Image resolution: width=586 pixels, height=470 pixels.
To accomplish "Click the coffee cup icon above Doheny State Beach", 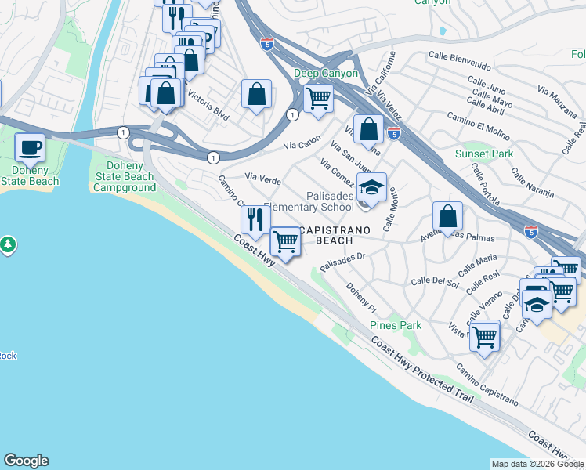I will tap(31, 146).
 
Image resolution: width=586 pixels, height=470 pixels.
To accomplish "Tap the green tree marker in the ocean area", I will tap(9, 245).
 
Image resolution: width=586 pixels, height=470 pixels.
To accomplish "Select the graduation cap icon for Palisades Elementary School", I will tap(371, 188).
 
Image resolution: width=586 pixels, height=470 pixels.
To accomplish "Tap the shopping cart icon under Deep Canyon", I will tap(318, 99).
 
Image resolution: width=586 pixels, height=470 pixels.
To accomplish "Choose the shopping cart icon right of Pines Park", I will tap(485, 336).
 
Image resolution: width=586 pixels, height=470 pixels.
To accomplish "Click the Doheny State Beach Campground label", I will tap(124, 176).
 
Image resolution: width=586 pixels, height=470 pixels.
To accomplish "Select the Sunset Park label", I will tap(484, 154).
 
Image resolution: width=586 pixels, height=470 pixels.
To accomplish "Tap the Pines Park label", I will tap(396, 325).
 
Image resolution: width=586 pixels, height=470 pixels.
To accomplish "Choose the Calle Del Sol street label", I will tap(434, 280).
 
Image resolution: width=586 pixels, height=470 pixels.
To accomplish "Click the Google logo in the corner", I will tap(26, 461).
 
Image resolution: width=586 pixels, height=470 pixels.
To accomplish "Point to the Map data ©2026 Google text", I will tap(537, 464).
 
